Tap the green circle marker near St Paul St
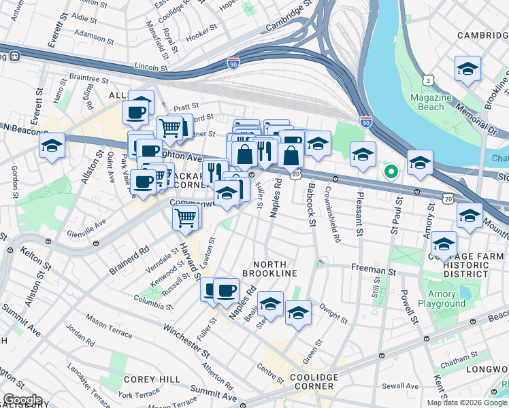tap(391, 171)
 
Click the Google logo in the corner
tap(22, 400)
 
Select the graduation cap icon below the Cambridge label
tap(467, 69)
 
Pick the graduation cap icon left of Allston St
tap(52, 146)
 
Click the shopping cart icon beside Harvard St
tap(186, 218)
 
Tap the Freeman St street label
tap(374, 270)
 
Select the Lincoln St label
tap(151, 67)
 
